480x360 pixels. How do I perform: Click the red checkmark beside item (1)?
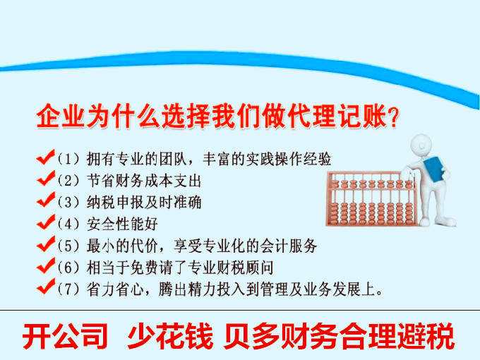tap(46, 156)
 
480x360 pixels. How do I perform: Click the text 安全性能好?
tap(121, 224)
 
